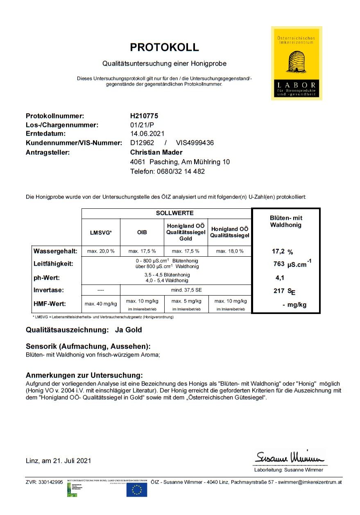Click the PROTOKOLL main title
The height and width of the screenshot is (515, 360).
[x=164, y=47]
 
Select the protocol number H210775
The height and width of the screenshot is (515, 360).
[x=144, y=116]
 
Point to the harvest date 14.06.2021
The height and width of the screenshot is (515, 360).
[x=147, y=133]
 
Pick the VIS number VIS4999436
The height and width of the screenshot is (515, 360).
[x=195, y=142]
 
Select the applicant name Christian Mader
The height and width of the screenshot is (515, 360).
[x=157, y=152]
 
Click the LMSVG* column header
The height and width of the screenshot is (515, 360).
[x=101, y=232]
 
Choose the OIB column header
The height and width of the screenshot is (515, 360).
[x=142, y=232]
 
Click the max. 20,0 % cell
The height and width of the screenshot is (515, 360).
[x=101, y=251]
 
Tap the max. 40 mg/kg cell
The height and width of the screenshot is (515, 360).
[x=101, y=304]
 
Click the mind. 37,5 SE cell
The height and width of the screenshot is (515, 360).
[x=186, y=290]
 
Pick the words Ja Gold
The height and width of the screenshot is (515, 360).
[x=129, y=330]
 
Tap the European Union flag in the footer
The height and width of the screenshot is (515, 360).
[x=136, y=489]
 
